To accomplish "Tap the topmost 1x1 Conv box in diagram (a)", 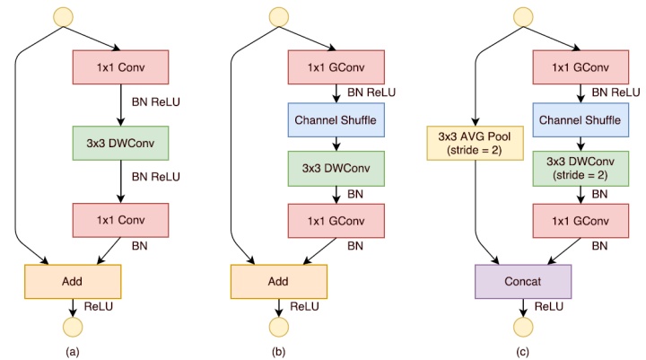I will click(x=121, y=66).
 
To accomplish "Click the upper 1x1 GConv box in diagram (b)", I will click(x=335, y=66).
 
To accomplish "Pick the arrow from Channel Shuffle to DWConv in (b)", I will click(x=335, y=141).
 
